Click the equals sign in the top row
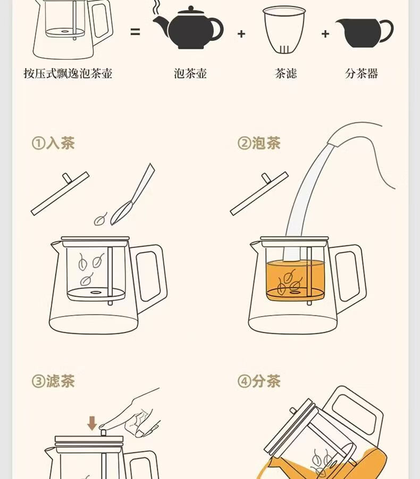(x=135, y=32)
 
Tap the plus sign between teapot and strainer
(x=241, y=34)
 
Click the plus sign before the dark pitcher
(x=325, y=34)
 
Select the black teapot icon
(x=188, y=28)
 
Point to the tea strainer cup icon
(x=284, y=30)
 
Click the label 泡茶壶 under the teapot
(x=190, y=73)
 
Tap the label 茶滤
(x=285, y=73)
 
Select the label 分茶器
(x=362, y=73)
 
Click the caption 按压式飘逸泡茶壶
(x=68, y=73)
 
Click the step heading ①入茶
(x=53, y=143)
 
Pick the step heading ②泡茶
(x=259, y=143)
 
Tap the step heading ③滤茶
(x=53, y=381)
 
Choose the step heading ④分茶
(x=259, y=381)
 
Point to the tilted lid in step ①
(x=60, y=193)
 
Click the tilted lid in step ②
(x=259, y=193)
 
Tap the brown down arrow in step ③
(x=92, y=424)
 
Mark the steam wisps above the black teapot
(x=156, y=7)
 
